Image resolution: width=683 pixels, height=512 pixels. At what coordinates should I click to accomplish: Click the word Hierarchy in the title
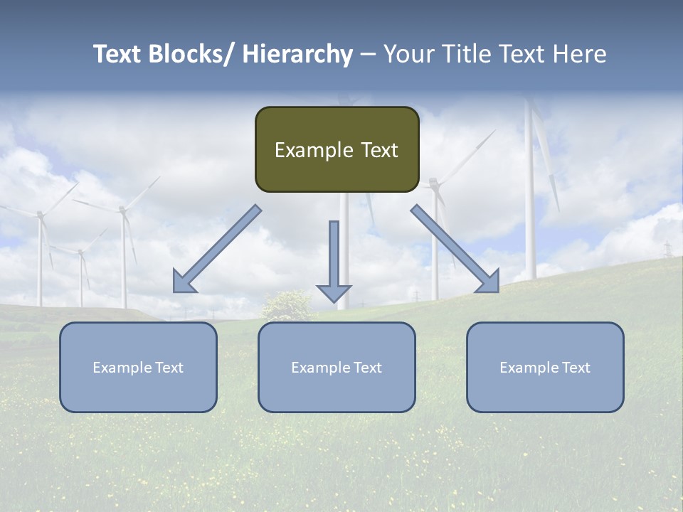297,55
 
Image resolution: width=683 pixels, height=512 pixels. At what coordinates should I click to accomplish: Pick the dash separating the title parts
368,55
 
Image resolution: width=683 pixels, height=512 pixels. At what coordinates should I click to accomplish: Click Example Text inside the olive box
337,150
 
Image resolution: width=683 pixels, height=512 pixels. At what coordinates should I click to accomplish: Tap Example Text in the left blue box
138,368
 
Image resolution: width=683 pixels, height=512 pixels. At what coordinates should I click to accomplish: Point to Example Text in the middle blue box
337,368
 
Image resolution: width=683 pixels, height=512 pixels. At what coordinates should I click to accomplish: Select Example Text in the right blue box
545,368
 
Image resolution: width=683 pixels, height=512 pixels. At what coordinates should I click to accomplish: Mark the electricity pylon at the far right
667,250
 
